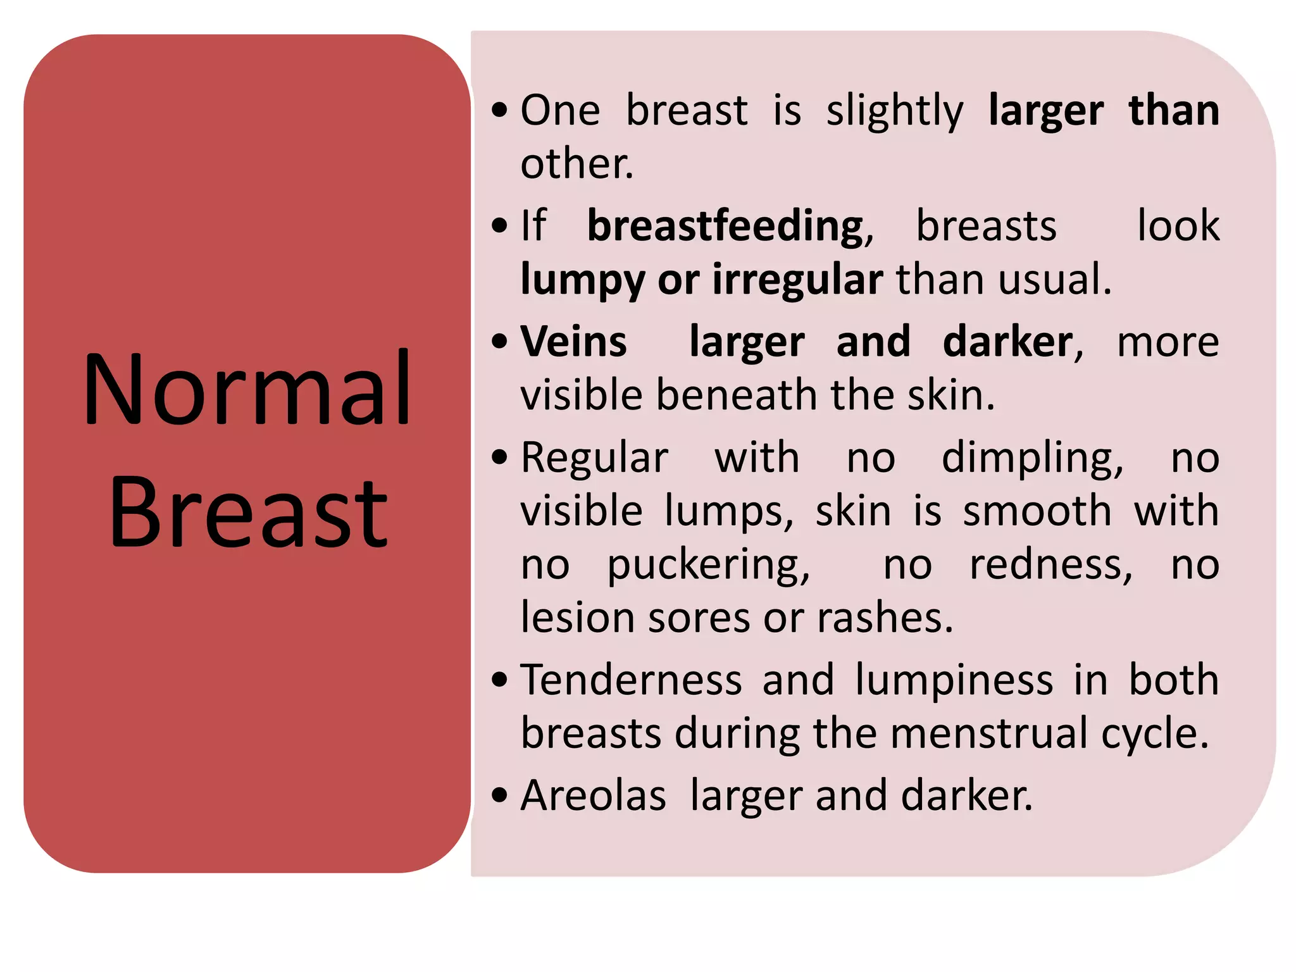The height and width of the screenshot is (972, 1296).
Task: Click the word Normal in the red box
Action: (x=247, y=389)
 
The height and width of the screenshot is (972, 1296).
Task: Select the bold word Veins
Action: (x=573, y=342)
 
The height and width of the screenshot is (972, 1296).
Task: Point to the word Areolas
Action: (x=593, y=795)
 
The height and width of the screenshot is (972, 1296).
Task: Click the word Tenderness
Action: (x=631, y=680)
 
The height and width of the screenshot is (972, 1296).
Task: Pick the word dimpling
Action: (x=1032, y=459)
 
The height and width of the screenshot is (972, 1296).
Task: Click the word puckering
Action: (x=708, y=565)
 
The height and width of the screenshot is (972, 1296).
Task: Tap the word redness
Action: (x=1050, y=564)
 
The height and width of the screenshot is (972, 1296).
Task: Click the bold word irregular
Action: (x=797, y=280)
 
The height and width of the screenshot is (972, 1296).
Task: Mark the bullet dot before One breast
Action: (x=499, y=109)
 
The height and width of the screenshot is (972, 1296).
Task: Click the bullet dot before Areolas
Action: (x=499, y=795)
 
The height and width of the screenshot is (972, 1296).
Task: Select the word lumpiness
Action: (x=954, y=681)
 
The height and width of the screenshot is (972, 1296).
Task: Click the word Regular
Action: (x=594, y=458)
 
